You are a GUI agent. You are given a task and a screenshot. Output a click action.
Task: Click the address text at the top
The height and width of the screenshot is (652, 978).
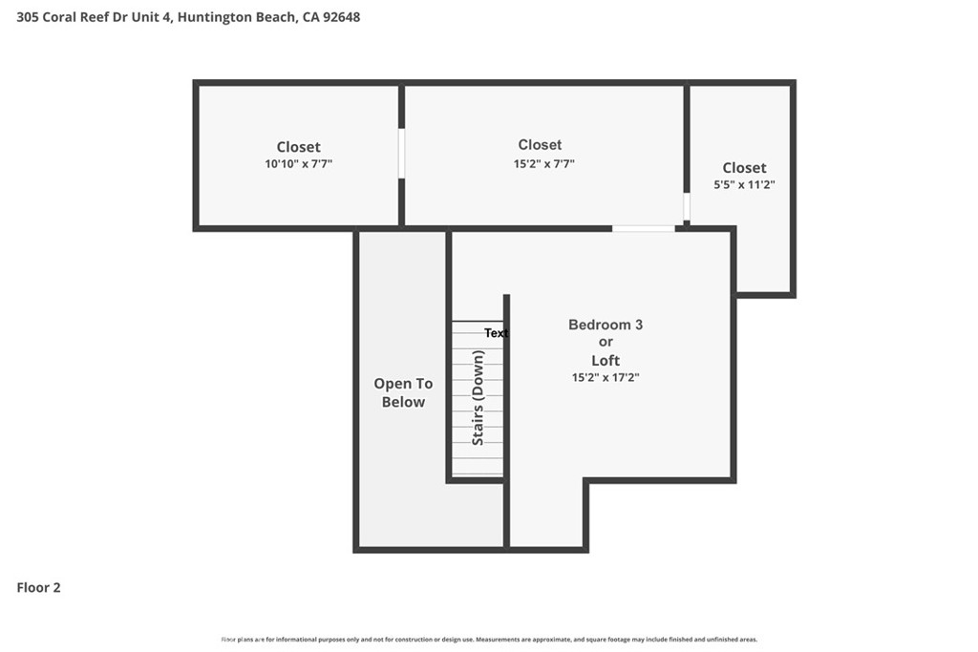(188, 17)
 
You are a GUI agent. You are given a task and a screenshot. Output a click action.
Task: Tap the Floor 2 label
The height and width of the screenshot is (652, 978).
(38, 587)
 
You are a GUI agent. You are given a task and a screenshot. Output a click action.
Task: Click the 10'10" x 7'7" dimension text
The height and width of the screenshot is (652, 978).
(298, 164)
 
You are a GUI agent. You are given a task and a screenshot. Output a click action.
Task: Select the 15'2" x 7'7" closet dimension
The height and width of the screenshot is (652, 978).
(543, 164)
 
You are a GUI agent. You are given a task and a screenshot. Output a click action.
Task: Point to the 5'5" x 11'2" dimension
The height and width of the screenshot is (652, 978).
(744, 184)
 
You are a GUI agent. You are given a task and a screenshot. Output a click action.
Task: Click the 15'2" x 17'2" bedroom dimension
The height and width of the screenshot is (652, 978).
(606, 377)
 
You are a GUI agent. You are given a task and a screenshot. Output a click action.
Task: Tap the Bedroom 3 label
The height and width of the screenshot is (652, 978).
(606, 325)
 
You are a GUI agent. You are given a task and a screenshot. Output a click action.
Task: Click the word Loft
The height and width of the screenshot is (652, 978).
(606, 360)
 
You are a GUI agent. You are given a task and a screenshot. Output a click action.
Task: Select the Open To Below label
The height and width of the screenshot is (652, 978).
(404, 392)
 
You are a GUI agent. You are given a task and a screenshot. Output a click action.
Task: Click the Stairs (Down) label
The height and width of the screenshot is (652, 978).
(478, 398)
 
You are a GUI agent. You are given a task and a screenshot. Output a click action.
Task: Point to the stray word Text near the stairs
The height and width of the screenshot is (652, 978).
(497, 333)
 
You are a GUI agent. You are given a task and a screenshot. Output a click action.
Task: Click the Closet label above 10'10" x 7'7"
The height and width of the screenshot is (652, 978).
(298, 147)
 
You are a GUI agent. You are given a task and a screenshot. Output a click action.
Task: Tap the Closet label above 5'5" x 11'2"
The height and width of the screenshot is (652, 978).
(744, 168)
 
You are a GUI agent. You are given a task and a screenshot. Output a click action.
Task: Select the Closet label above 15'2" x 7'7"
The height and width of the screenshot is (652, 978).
(541, 144)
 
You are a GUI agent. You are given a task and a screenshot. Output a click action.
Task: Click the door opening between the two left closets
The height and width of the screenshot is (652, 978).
(402, 154)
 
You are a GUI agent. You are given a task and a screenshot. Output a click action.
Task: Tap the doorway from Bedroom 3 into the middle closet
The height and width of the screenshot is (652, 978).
(643, 229)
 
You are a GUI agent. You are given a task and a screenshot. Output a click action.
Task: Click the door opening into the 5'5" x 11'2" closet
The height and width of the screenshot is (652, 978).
(687, 207)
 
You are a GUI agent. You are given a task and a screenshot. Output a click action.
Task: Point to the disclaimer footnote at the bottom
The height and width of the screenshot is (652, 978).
(490, 640)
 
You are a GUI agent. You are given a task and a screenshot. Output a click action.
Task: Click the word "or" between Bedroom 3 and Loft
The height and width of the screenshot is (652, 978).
(606, 342)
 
